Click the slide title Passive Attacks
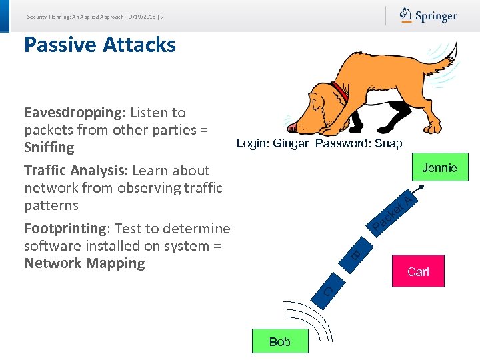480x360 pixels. pos(99,45)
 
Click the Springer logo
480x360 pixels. pos(428,16)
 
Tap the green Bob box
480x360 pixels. pos(280,341)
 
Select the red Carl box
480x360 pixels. pos(418,271)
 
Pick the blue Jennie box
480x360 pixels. pos(439,168)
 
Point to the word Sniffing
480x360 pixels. pos(49,147)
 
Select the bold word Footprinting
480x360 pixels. pos(65,229)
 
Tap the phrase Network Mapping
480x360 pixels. pos(84,263)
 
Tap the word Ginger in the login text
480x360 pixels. pos(292,144)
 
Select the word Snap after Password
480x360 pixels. pos(388,144)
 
